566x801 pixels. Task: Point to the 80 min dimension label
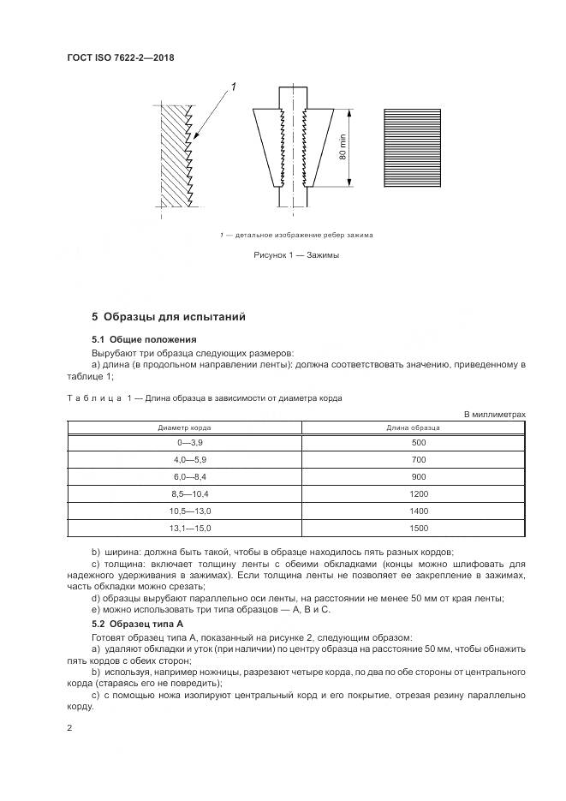click(x=342, y=148)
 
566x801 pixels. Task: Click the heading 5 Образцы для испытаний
click(x=168, y=317)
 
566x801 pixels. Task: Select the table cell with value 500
click(x=418, y=442)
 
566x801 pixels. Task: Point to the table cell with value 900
click(x=418, y=476)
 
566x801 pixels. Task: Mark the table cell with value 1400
click(x=418, y=511)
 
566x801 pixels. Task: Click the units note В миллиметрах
click(x=494, y=414)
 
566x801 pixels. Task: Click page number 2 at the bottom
click(x=69, y=727)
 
